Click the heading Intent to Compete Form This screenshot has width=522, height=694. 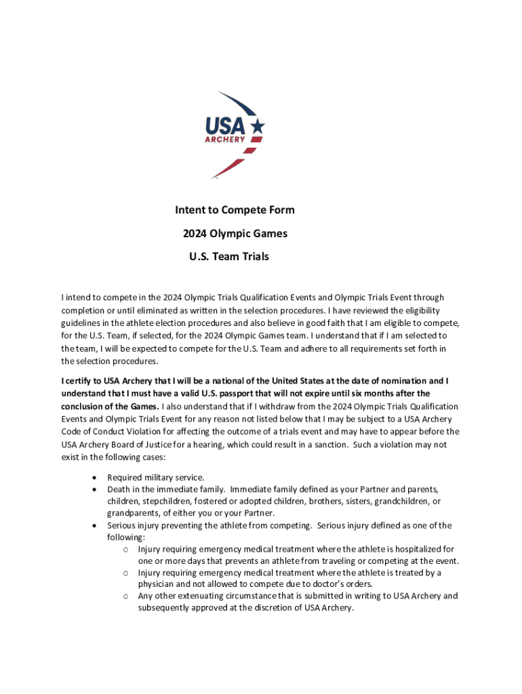pyautogui.click(x=235, y=210)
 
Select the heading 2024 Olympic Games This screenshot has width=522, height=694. pyautogui.click(x=235, y=234)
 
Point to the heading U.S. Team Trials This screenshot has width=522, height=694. pyautogui.click(x=229, y=257)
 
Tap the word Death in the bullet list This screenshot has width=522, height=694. pyautogui.click(x=119, y=489)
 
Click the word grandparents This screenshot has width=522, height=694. pyautogui.click(x=133, y=513)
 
